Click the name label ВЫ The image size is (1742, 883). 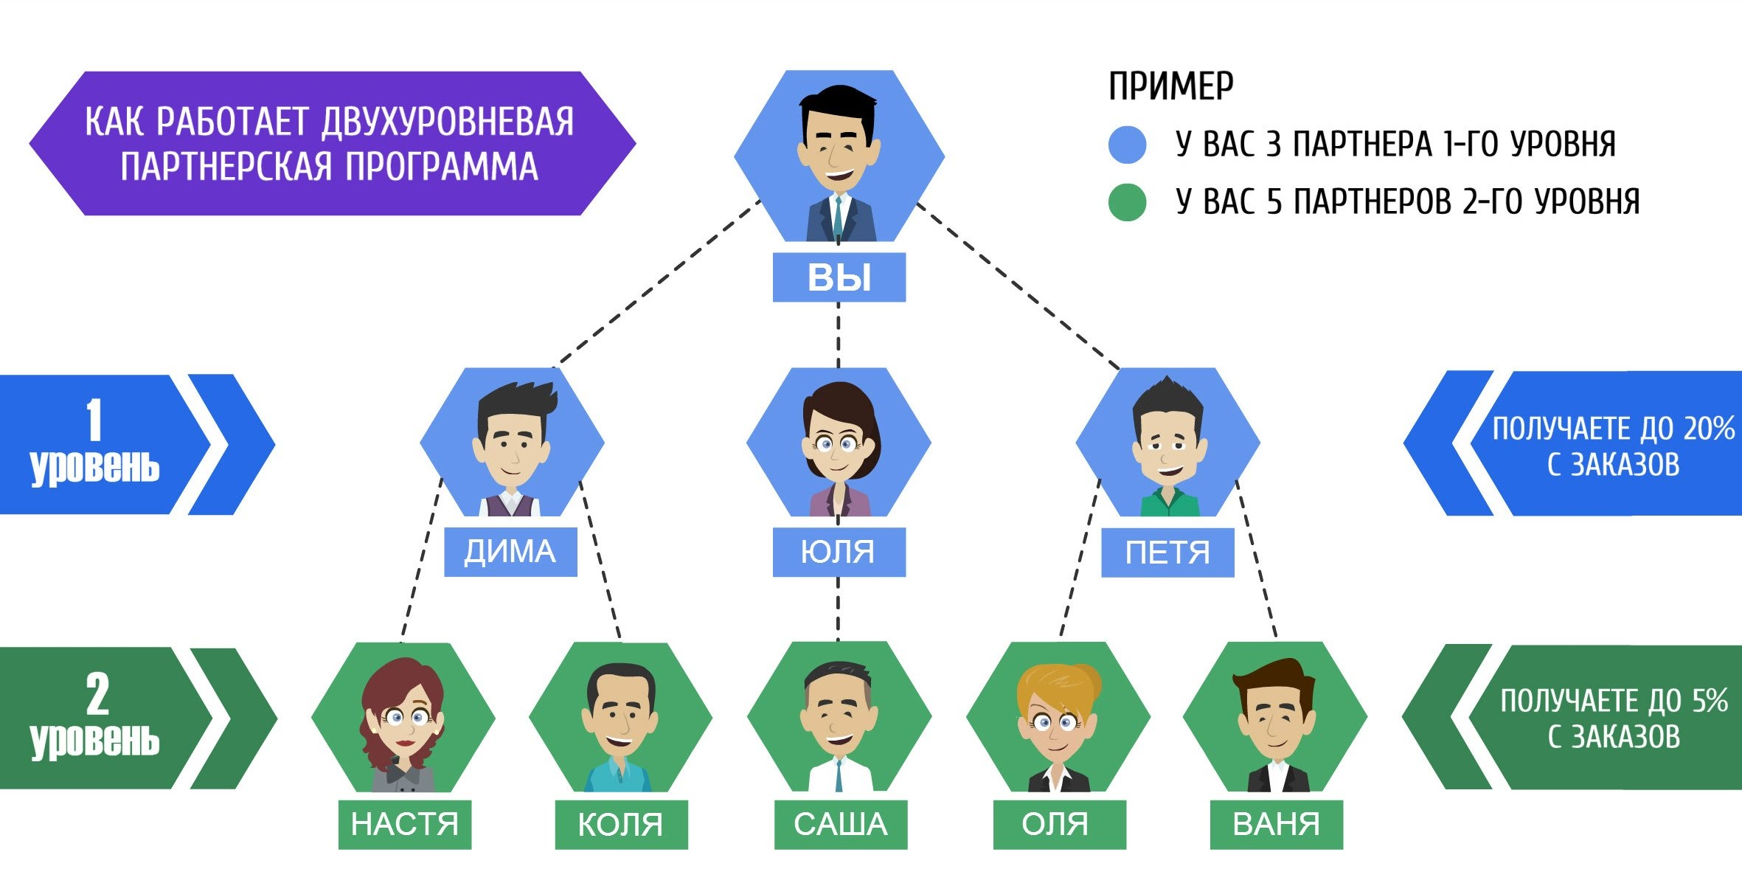pyautogui.click(x=839, y=277)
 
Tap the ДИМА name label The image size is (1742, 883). pyautogui.click(x=510, y=552)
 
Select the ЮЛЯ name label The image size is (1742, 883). pyautogui.click(x=839, y=552)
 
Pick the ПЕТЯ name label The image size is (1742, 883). pyautogui.click(x=1167, y=553)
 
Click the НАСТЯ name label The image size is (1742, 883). pyautogui.click(x=404, y=824)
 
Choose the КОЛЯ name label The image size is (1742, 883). pyautogui.click(x=621, y=824)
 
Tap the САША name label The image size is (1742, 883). pyautogui.click(x=840, y=824)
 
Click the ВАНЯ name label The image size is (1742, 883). pyautogui.click(x=1276, y=824)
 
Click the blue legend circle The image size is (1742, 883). pyautogui.click(x=1127, y=144)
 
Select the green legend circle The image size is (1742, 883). pyautogui.click(x=1127, y=201)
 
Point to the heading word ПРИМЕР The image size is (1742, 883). pyautogui.click(x=1170, y=86)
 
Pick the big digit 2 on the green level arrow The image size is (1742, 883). pyautogui.click(x=97, y=693)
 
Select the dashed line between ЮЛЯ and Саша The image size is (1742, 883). pyautogui.click(x=839, y=609)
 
